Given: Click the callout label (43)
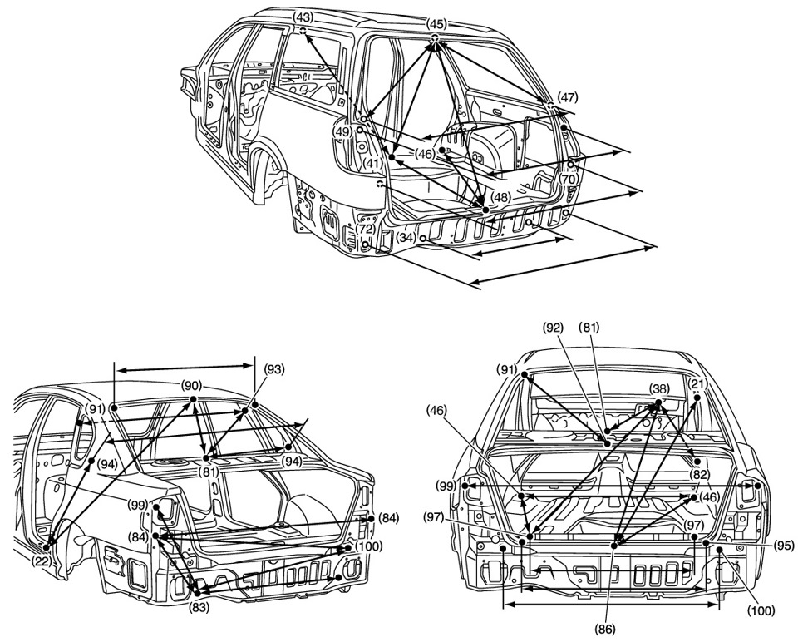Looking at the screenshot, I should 303,17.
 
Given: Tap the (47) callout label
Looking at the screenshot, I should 568,96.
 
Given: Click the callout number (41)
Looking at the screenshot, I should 371,163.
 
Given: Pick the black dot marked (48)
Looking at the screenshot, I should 485,210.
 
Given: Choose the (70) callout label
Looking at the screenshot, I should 569,178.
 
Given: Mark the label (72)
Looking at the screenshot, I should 367,228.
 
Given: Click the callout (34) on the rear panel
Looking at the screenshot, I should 405,238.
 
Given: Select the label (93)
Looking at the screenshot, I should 274,368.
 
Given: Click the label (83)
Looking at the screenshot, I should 199,607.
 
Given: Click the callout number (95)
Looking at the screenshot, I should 783,546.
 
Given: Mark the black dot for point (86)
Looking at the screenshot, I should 614,545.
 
